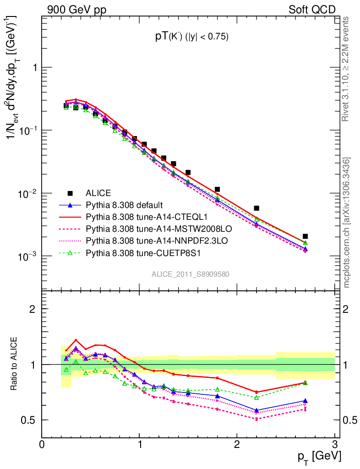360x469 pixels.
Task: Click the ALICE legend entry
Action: point(99,193)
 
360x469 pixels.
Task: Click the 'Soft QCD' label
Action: point(311,10)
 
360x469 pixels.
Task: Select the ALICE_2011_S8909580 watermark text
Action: point(191,274)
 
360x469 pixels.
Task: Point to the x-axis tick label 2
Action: point(237,444)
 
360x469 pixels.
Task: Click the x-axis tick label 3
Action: point(334,444)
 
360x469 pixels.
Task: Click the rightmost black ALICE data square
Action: point(305,236)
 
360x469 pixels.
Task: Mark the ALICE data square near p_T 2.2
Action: point(256,208)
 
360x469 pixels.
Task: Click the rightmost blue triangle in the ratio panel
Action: point(305,401)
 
